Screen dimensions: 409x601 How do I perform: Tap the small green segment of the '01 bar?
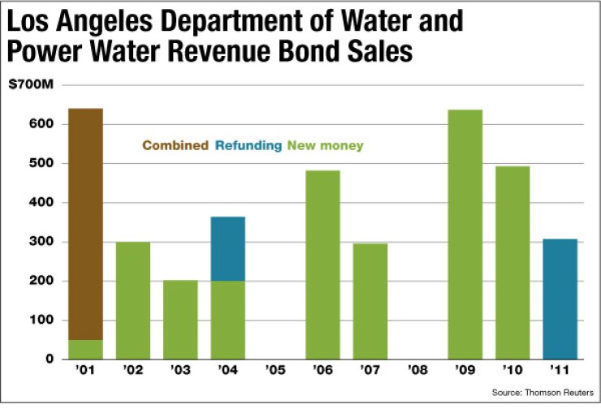pyautogui.click(x=85, y=350)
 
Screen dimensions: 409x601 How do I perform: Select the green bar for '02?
pyautogui.click(x=132, y=300)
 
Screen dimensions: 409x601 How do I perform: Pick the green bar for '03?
pyautogui.click(x=180, y=320)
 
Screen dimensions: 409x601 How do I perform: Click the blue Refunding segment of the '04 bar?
pyautogui.click(x=227, y=248)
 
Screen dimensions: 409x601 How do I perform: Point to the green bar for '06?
pyautogui.click(x=322, y=265)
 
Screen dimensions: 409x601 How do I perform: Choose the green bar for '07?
pyautogui.click(x=370, y=301)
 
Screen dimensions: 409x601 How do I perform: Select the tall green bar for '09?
pyautogui.click(x=465, y=235)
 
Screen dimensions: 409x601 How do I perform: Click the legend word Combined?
pyautogui.click(x=175, y=146)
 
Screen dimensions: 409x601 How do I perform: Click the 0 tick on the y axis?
pyautogui.click(x=50, y=359)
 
